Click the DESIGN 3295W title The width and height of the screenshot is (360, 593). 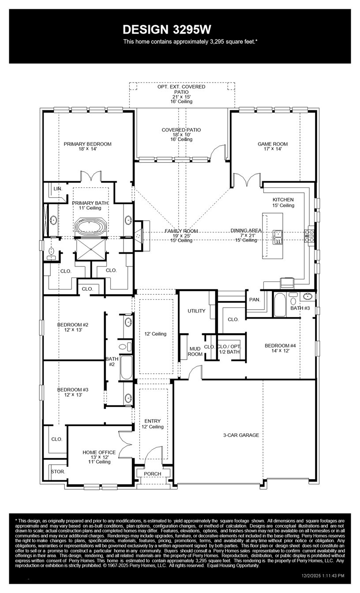click(x=167, y=30)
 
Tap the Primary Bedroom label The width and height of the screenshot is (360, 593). click(x=88, y=144)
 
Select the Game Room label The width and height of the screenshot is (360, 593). click(x=273, y=144)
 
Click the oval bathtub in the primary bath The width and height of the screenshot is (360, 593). click(x=91, y=227)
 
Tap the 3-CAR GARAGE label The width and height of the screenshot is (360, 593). click(x=241, y=435)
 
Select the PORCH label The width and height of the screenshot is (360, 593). click(x=153, y=473)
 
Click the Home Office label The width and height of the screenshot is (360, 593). click(x=99, y=452)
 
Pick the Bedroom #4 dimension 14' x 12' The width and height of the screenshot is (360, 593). click(x=280, y=351)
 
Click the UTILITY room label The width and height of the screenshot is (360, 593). click(x=196, y=311)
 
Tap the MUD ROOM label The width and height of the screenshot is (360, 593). click(x=195, y=352)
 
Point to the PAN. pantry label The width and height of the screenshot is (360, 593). click(x=255, y=300)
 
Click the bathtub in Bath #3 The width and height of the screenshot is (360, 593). click(x=280, y=304)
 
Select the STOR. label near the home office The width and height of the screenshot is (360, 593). click(x=58, y=472)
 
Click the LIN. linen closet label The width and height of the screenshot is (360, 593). click(x=58, y=189)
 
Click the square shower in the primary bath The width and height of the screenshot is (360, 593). click(x=91, y=249)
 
